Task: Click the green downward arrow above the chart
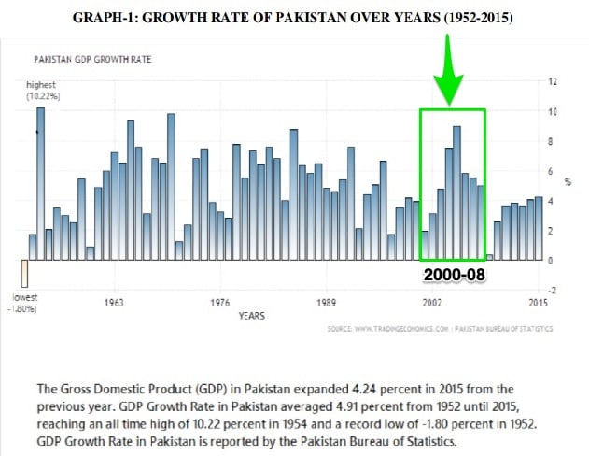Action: point(450,70)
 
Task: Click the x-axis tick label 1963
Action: point(115,303)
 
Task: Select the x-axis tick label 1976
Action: point(220,303)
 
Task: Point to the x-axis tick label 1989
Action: point(327,303)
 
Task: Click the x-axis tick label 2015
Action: point(538,303)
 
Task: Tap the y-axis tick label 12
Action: point(554,82)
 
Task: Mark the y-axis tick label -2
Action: point(554,291)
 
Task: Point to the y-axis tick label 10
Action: point(554,112)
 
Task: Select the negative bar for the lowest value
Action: point(24,274)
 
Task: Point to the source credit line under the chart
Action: point(438,329)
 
